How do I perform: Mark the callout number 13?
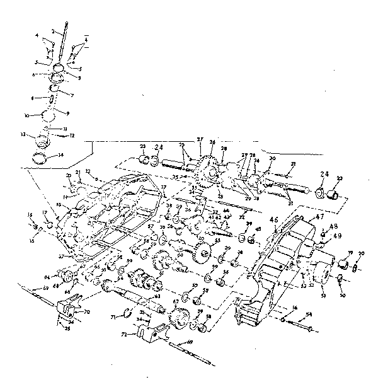coord(23,135)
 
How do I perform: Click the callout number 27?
coord(201,139)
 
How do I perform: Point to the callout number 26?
coord(212,142)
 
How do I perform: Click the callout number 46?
coord(273,220)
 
